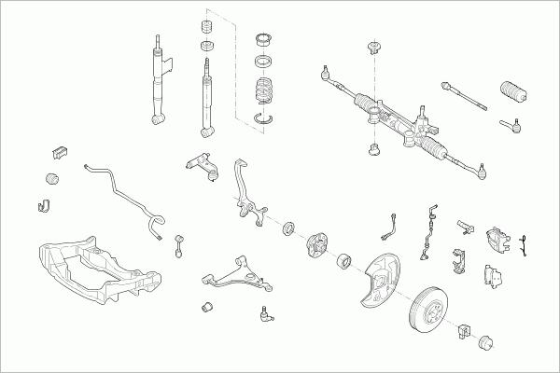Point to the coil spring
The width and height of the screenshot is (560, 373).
[x=266, y=94]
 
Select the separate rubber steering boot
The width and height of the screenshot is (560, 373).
[x=512, y=93]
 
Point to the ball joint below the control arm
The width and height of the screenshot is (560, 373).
[x=265, y=314]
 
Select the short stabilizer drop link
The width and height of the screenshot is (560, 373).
[x=178, y=245]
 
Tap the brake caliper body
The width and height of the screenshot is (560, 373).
[x=497, y=240]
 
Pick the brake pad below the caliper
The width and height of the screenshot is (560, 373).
[x=490, y=274]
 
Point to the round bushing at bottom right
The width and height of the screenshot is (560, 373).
[x=485, y=341]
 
